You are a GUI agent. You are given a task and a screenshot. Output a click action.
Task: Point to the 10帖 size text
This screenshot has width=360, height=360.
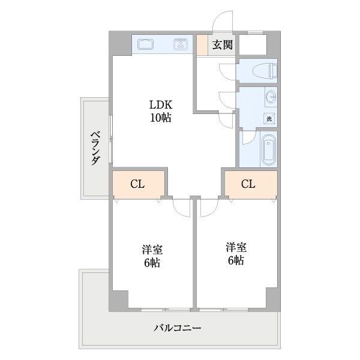[160, 118]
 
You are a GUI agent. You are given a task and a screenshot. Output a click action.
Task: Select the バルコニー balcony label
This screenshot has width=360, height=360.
[177, 328]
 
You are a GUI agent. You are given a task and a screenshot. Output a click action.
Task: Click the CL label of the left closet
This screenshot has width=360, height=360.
[137, 184]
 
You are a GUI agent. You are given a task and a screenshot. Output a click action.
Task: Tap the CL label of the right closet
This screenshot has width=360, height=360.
[248, 184]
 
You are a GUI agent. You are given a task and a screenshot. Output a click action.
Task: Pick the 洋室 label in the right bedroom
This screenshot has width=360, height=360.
[236, 247]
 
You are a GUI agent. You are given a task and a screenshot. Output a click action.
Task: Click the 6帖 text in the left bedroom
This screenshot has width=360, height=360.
[152, 263]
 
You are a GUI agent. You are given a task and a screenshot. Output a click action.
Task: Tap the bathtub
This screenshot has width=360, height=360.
[269, 150]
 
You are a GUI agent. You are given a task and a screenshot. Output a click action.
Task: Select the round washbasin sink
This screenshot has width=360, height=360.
[269, 97]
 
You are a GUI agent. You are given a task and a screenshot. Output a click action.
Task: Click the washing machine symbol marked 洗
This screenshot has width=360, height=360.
[269, 119]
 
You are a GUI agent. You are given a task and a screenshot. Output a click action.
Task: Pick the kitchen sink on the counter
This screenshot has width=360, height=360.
[146, 44]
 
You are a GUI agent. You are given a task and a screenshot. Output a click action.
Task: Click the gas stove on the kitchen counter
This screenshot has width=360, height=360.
[181, 44]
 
